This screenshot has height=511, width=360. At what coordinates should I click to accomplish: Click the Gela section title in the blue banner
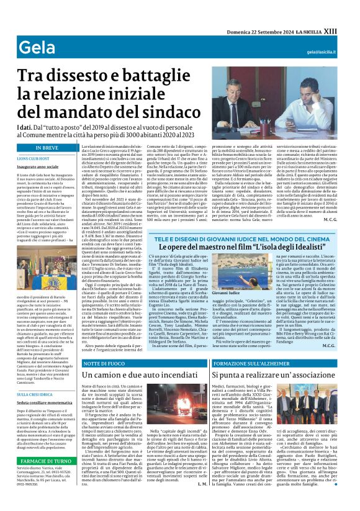[32, 47]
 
